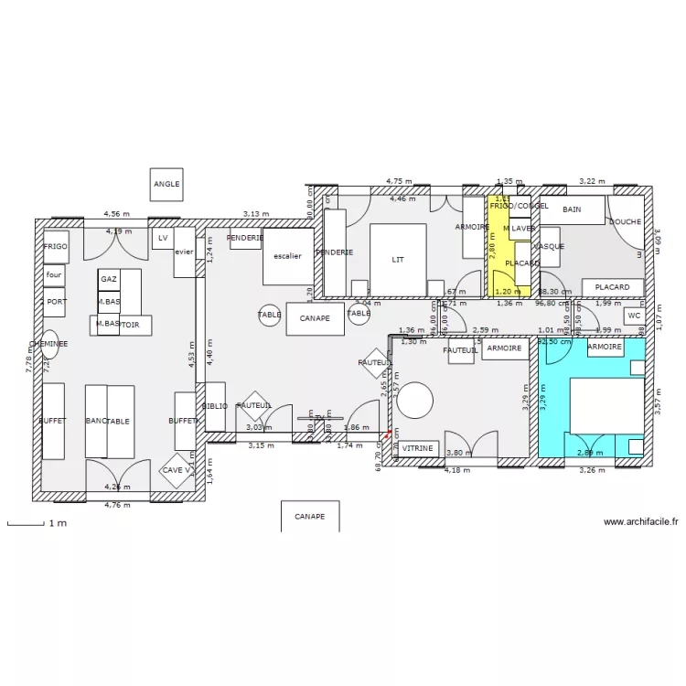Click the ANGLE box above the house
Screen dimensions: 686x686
coord(166,184)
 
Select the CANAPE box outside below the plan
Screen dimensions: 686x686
coord(310,516)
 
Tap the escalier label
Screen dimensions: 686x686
coord(286,256)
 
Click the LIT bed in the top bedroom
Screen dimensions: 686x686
coord(398,260)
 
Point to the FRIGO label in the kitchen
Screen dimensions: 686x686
coord(55,247)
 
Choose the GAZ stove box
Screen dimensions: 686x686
coord(109,279)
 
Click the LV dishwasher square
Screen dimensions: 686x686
coord(163,238)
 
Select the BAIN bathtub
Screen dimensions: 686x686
coord(572,209)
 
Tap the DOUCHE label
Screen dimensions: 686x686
coord(626,221)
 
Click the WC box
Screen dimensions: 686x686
coord(634,316)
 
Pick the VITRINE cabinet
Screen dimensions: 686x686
coord(418,448)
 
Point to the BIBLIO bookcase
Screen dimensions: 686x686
coord(215,406)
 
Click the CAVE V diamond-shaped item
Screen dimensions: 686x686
coord(175,470)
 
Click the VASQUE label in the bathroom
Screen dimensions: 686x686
coord(549,247)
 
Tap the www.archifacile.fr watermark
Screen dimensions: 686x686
coord(641,521)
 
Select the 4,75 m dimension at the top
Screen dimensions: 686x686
coord(399,182)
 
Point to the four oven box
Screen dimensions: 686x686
coord(54,274)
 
